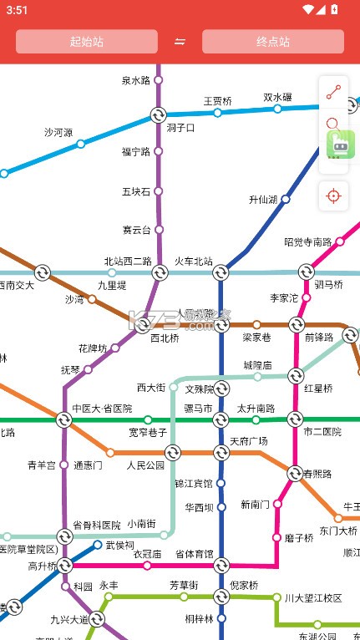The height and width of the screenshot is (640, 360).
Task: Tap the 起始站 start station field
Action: pos(87,42)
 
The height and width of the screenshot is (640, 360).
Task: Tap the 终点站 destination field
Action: pos(272,42)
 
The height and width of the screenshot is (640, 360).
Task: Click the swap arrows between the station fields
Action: pos(180,42)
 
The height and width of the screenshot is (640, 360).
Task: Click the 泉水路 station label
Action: pos(136,81)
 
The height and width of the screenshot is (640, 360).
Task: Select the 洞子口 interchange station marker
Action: pos(158,115)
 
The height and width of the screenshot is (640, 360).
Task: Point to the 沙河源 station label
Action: pos(58,132)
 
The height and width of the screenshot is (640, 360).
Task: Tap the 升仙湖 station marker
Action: pos(285,200)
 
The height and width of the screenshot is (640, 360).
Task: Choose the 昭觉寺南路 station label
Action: pos(307,242)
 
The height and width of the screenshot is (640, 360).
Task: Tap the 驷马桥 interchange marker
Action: pos(307,272)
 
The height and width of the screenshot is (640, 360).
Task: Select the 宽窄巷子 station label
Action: pos(149,433)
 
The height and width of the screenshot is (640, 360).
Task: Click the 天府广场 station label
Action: pos(248,440)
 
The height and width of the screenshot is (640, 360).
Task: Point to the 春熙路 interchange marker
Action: pos(294,474)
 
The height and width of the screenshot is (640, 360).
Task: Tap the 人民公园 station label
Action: pos(146,465)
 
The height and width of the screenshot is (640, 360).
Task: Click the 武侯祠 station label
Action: pos(119,545)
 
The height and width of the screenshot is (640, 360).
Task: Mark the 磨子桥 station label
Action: pos(298,537)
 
